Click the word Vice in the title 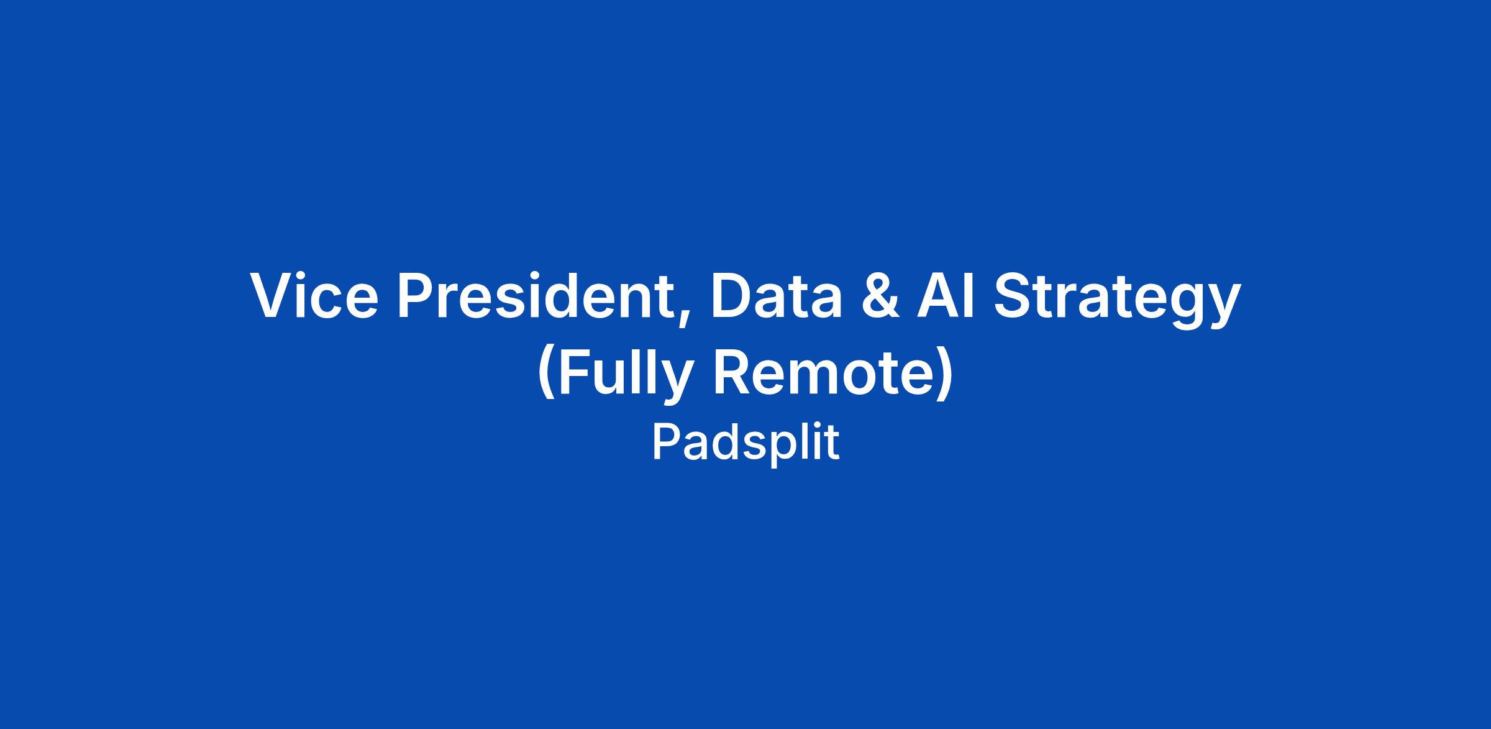(x=314, y=297)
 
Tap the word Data (x=777, y=297)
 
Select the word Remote (x=822, y=373)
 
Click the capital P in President (x=417, y=297)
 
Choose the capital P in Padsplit (x=666, y=442)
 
